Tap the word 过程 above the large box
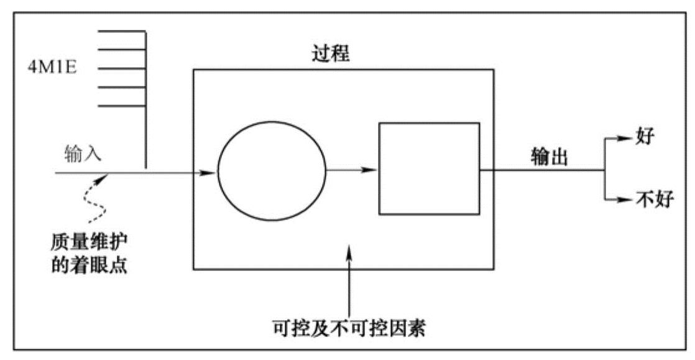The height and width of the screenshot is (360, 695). pos(330,55)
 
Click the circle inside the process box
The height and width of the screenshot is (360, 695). pos(272,171)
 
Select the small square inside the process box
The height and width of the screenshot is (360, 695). pos(430,169)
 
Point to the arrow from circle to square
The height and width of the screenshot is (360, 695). pos(352,170)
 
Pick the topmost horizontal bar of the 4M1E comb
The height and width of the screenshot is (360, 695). pos(122,30)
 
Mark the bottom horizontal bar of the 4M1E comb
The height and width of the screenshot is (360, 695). pos(122,106)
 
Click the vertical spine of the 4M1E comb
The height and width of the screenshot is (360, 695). pos(145,99)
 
